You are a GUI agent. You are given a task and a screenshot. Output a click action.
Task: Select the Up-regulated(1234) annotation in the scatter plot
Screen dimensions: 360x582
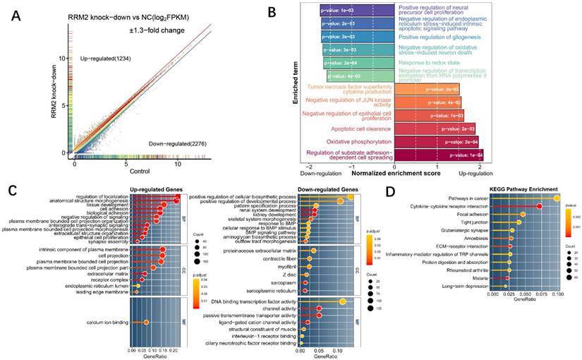(110, 56)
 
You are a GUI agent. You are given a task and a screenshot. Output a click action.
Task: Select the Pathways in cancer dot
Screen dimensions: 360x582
(557, 198)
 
